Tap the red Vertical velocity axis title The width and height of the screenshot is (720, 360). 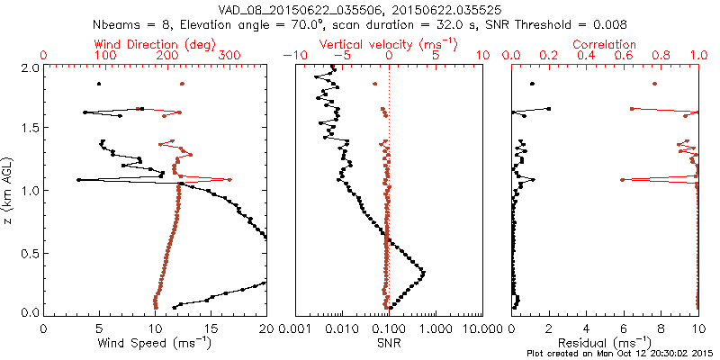pos(389,43)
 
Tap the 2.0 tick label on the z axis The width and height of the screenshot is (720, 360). pos(30,67)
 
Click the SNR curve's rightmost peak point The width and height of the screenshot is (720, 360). pos(423,272)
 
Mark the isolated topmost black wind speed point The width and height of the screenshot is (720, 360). pos(99,84)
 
